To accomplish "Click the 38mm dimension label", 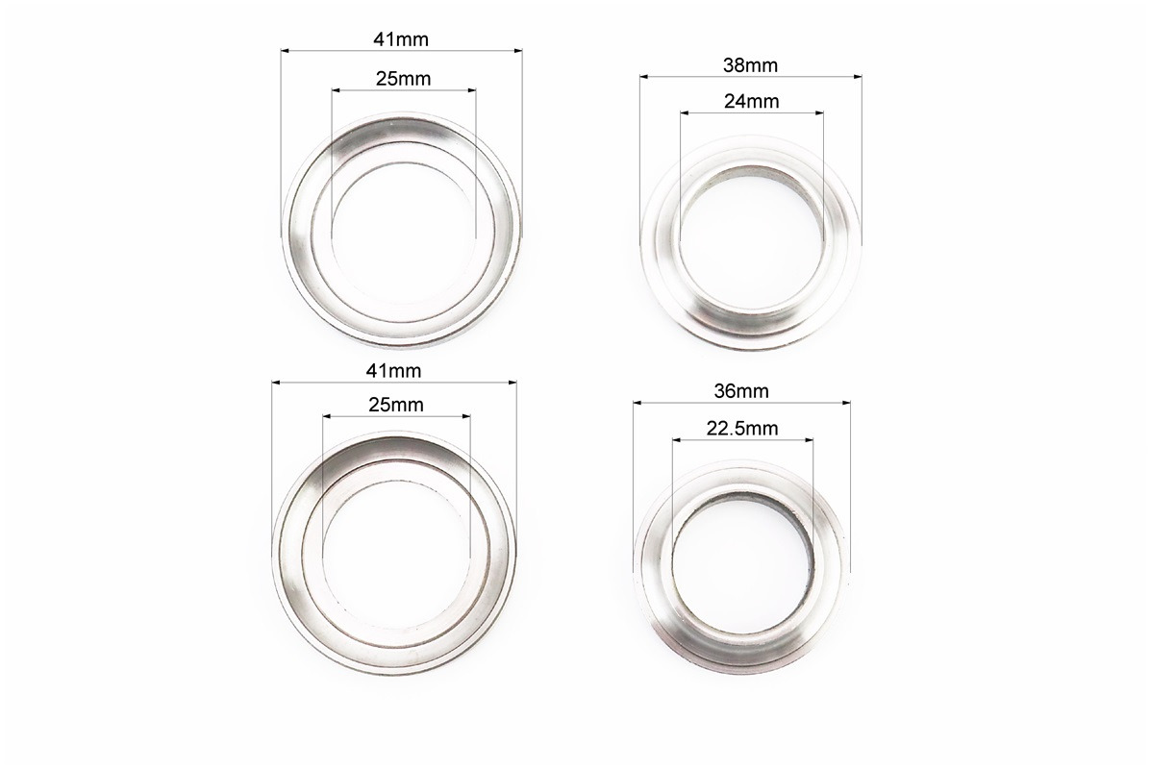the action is (750, 65).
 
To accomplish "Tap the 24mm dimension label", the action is (751, 101).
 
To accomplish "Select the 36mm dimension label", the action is (741, 391).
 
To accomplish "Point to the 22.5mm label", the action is (742, 428).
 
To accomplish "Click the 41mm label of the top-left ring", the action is (401, 39).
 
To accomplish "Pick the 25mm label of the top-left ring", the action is (404, 79).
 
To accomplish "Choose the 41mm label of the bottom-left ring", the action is (394, 371).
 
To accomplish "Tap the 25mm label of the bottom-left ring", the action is (396, 405).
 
